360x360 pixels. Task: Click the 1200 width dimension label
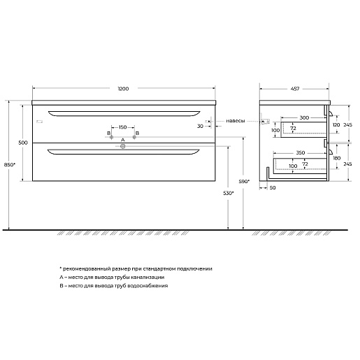123,89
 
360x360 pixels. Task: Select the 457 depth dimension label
295,89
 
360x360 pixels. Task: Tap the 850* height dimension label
10,165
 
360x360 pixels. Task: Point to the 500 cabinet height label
23,143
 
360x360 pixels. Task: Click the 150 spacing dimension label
123,127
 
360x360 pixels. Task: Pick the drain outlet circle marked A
123,146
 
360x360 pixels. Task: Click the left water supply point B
111,137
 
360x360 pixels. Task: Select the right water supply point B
134,137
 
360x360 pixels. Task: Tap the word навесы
236,121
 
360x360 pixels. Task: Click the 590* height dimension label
244,181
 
